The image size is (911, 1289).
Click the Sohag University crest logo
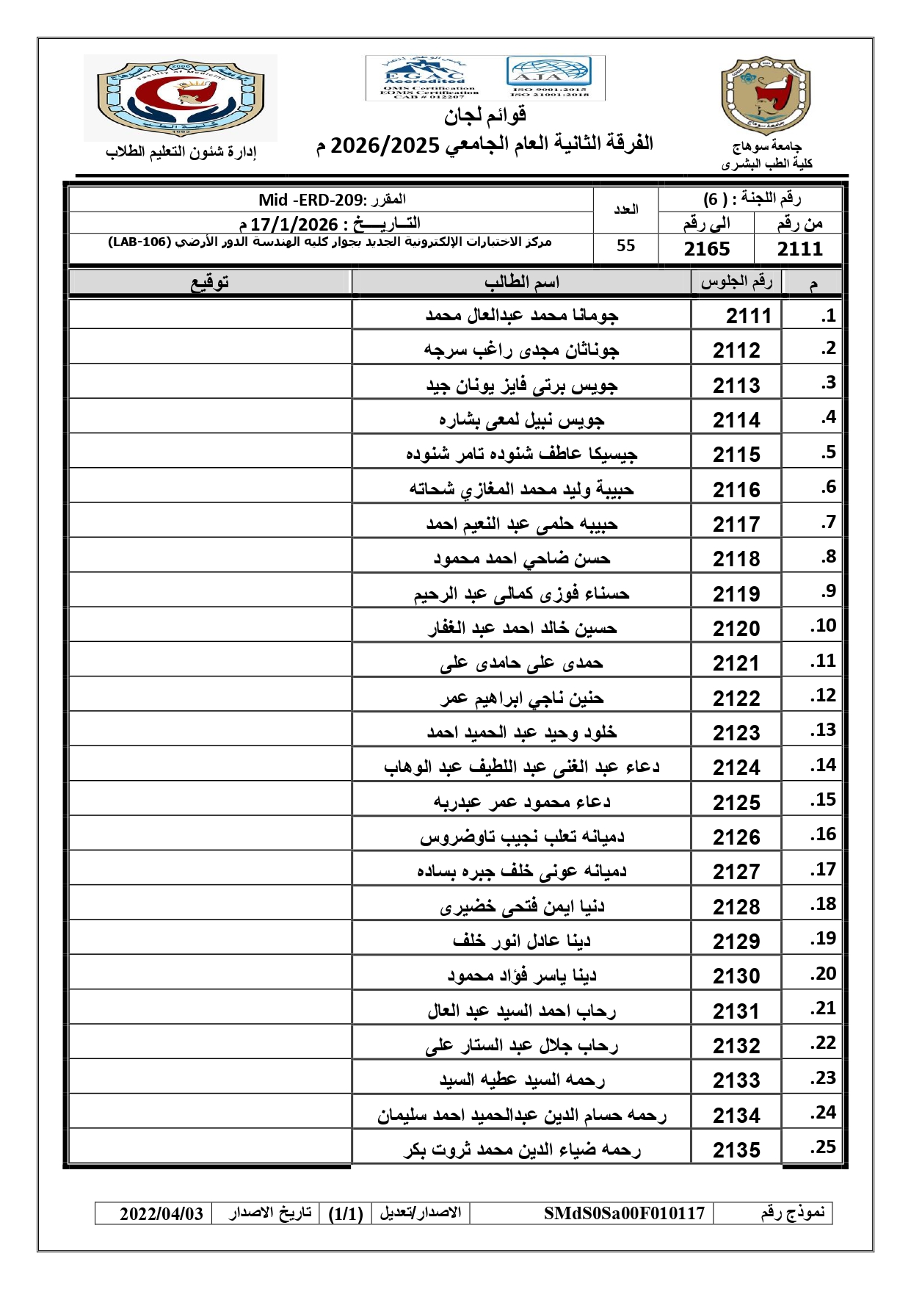766,95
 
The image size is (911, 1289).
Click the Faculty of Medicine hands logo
180,98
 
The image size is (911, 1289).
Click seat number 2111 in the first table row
748,316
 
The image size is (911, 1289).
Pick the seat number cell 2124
736,768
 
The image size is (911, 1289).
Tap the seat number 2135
736,1149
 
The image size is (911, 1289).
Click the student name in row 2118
521,559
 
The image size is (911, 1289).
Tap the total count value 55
625,246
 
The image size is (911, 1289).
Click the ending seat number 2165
706,249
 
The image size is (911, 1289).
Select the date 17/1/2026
294,224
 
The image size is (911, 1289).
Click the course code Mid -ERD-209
311,200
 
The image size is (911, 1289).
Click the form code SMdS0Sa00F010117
624,1213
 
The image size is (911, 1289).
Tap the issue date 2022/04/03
161,1213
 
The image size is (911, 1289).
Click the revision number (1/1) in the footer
345,1213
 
